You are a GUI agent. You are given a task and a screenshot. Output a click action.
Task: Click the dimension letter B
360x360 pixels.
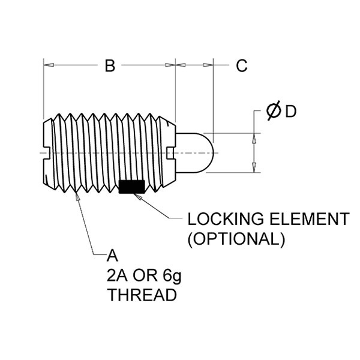[x=110, y=65]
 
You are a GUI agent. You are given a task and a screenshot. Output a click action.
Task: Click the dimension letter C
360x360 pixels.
[x=242, y=65]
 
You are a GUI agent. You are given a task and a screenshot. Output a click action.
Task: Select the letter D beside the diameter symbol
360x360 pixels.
[x=290, y=112]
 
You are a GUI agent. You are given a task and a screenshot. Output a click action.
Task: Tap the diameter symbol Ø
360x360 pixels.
[x=274, y=110]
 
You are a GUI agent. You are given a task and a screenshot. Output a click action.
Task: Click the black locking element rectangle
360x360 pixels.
[x=132, y=187]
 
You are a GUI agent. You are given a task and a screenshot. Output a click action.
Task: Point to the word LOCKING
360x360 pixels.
[x=226, y=219]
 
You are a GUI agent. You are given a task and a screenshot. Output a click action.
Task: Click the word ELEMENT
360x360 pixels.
[x=310, y=219]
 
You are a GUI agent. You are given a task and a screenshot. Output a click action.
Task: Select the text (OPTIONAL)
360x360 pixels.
[x=236, y=239]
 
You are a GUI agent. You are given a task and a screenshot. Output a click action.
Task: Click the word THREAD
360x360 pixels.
[x=142, y=295]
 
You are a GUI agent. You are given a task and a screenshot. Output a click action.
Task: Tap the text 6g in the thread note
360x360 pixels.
[x=172, y=276]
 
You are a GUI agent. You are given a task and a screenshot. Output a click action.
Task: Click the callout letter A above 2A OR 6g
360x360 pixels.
[x=112, y=256]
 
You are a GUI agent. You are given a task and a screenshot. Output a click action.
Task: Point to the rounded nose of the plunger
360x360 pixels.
[x=207, y=152]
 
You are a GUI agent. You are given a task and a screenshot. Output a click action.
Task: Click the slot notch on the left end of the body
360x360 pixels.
[x=47, y=152]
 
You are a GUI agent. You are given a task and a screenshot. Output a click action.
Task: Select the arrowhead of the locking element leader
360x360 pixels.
[x=138, y=197]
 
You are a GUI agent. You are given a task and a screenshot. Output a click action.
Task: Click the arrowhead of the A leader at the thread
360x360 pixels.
[x=77, y=196]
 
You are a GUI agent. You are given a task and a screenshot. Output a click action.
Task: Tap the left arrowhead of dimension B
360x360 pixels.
[x=49, y=65]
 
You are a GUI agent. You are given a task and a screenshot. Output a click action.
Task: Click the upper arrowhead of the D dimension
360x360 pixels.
[x=254, y=139]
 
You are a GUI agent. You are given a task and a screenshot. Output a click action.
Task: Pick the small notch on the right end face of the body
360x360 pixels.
[x=170, y=153]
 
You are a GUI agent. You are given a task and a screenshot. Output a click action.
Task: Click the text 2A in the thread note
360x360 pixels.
[x=117, y=276]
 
